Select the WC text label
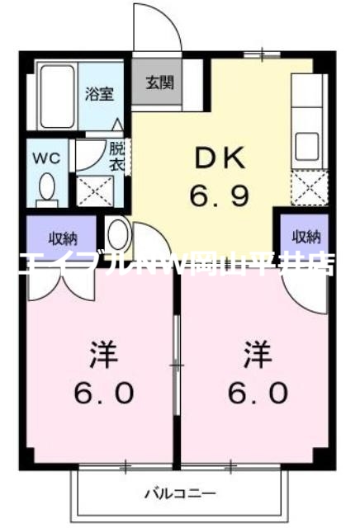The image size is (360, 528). [x=45, y=157]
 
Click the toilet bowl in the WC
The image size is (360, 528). [x=47, y=187]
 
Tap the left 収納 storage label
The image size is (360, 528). [x=61, y=238]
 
